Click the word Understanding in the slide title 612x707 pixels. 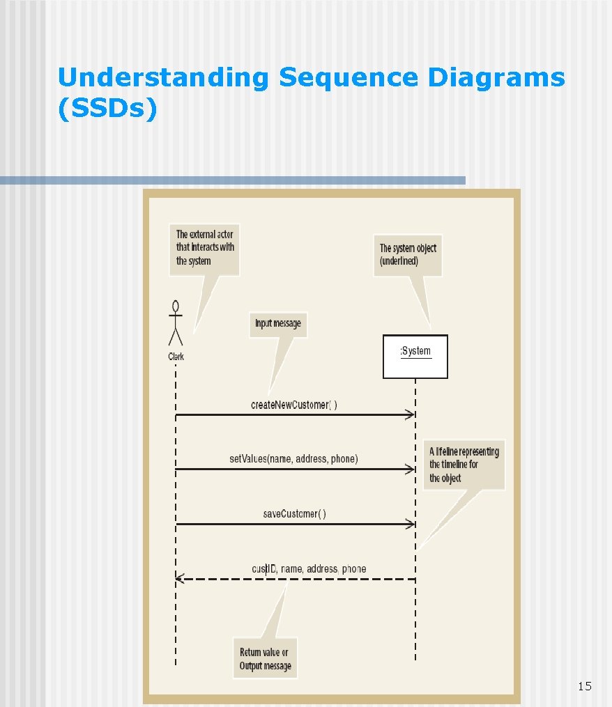[x=162, y=78]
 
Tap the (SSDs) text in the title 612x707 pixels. [x=107, y=109]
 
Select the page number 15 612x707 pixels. [x=584, y=687]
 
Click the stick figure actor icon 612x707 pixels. [x=176, y=324]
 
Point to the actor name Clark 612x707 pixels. [x=176, y=356]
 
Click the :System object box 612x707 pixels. [x=415, y=356]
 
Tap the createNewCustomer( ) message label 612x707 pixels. [x=293, y=405]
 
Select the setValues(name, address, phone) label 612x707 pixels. [x=293, y=459]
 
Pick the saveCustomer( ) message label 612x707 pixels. [x=293, y=514]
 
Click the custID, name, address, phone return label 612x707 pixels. [x=309, y=569]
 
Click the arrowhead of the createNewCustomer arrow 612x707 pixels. [x=411, y=415]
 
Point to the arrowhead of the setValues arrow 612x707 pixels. [x=411, y=469]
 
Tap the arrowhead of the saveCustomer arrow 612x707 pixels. [x=411, y=524]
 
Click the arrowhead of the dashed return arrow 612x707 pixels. [x=179, y=578]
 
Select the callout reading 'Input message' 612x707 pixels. [x=278, y=324]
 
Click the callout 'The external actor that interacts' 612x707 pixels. [x=205, y=248]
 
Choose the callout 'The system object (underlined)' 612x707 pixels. [x=408, y=254]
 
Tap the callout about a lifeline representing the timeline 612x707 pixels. [x=464, y=464]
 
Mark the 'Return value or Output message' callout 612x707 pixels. [x=264, y=658]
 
